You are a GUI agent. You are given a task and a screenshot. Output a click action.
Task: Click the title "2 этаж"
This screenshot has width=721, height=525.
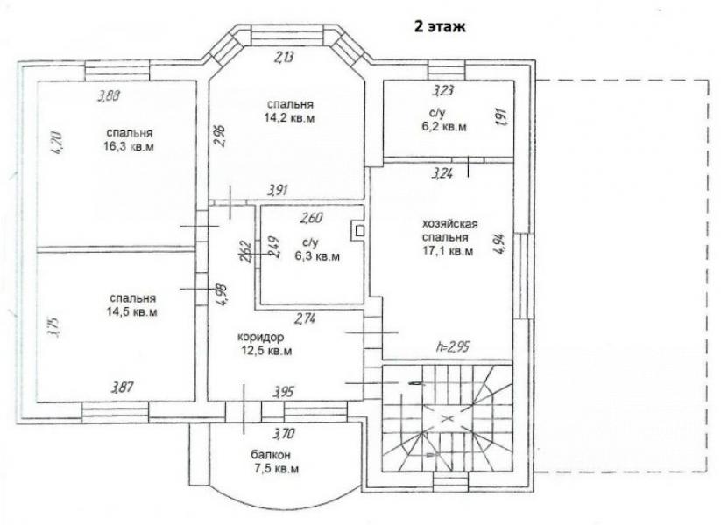click(x=440, y=26)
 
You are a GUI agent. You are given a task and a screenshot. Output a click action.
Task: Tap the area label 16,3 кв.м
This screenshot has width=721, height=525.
click(x=129, y=147)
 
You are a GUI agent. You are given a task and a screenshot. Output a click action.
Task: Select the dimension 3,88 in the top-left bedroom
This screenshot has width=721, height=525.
click(x=109, y=96)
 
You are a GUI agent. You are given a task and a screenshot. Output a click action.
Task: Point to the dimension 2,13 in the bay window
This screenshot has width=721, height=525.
click(x=284, y=58)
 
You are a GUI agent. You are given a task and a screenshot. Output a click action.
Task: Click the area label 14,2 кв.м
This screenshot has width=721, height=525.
click(x=290, y=118)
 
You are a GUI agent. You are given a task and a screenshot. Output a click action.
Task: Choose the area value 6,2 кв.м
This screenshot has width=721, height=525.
click(x=444, y=127)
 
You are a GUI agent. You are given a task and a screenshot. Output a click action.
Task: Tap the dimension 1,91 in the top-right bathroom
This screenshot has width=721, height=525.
click(x=502, y=116)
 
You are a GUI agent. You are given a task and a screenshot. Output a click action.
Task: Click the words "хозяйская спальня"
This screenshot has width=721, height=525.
click(x=450, y=231)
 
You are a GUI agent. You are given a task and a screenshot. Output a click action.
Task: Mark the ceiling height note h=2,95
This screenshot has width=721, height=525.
click(x=452, y=346)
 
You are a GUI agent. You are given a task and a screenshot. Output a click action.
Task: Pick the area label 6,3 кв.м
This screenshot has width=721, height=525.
click(x=317, y=256)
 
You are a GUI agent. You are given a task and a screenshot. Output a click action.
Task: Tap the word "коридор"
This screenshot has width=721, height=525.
click(x=261, y=337)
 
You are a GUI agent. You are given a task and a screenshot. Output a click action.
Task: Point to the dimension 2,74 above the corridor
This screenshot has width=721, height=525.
click(x=306, y=318)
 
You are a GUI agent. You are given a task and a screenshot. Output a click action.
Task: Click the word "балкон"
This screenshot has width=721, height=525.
click(x=271, y=455)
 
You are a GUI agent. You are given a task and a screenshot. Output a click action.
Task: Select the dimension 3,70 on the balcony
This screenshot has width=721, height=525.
click(x=284, y=433)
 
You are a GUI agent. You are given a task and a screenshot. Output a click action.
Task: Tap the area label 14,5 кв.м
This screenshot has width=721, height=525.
click(x=132, y=311)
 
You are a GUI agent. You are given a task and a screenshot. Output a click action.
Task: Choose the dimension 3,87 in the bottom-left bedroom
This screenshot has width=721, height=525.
click(x=123, y=388)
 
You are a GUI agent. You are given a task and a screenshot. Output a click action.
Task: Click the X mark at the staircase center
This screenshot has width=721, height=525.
click(x=445, y=418)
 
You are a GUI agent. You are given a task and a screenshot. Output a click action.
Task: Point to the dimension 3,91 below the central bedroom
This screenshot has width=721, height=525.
click(x=279, y=190)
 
